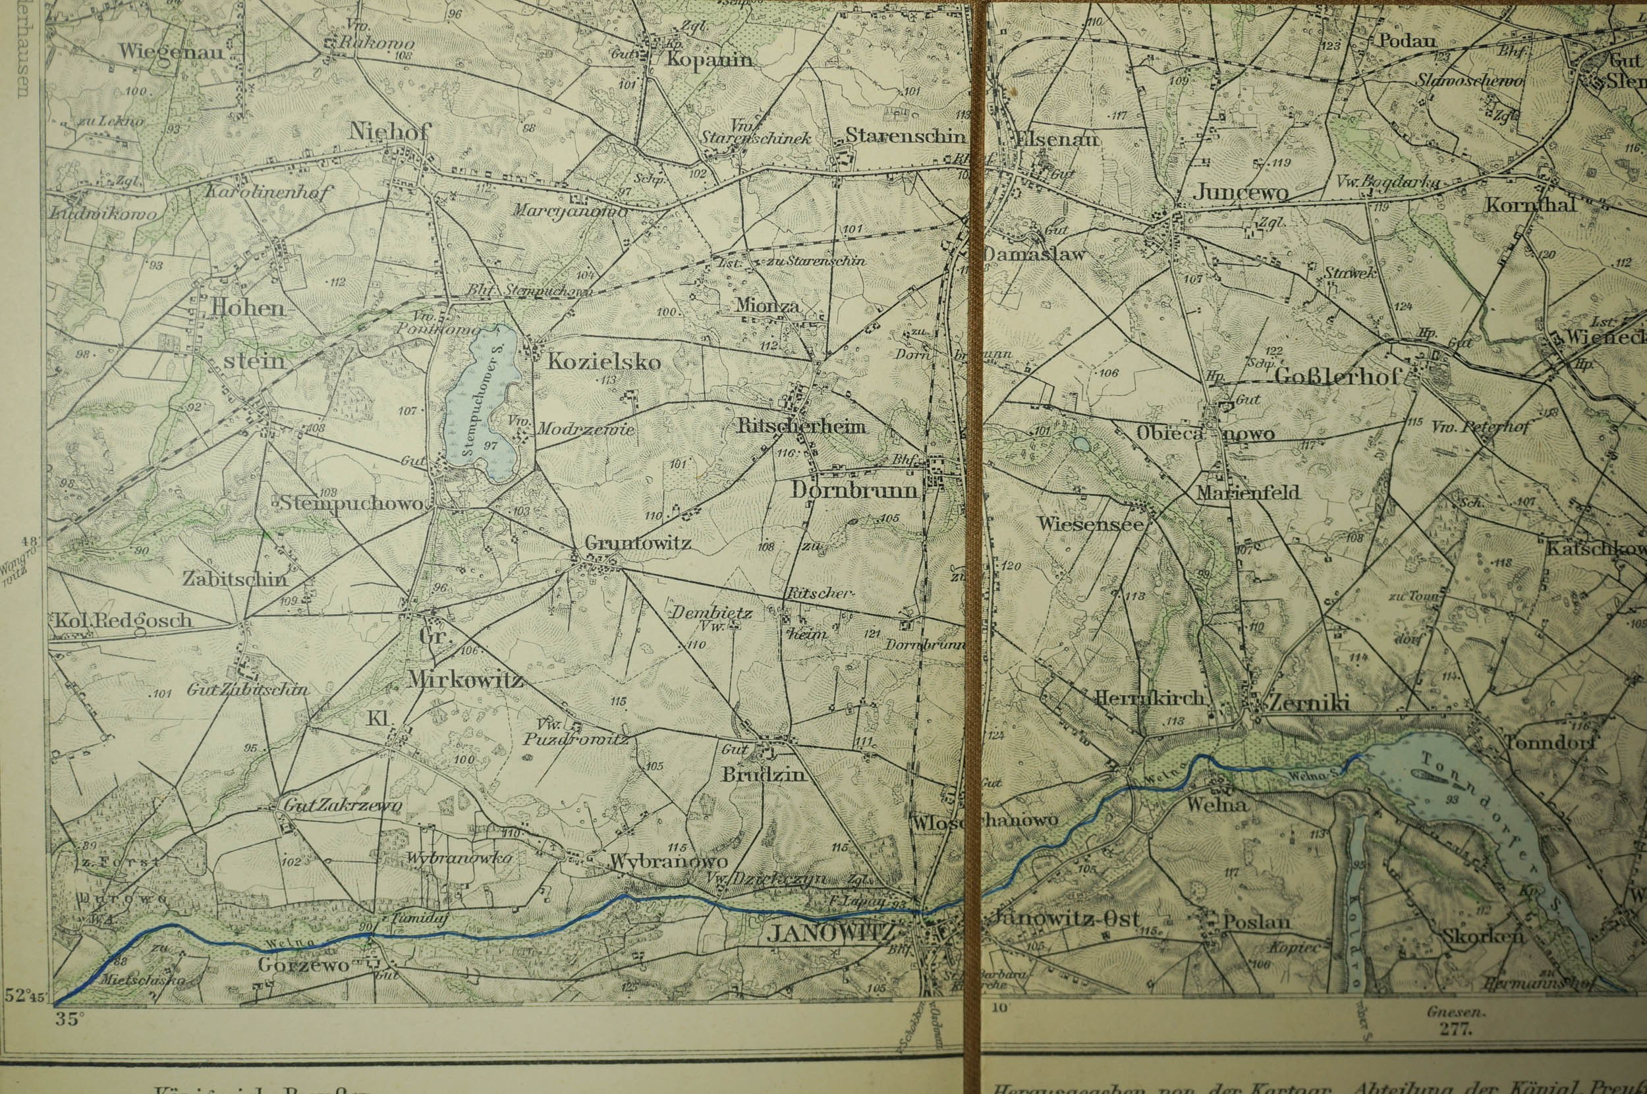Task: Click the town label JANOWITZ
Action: tap(829, 933)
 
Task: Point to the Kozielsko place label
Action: tap(603, 362)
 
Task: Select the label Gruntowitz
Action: tap(638, 542)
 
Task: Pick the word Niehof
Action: tap(390, 130)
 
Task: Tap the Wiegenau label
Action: tap(171, 51)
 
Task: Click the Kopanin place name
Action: tap(709, 59)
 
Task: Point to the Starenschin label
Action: tap(905, 136)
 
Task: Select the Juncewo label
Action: tap(1239, 192)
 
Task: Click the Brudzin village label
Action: tap(764, 775)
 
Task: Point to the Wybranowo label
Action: tap(669, 862)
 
